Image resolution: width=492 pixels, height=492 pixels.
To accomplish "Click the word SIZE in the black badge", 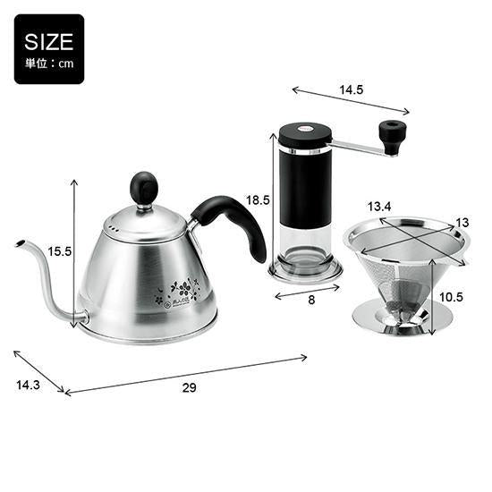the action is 48,42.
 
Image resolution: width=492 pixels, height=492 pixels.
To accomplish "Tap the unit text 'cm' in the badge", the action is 66,64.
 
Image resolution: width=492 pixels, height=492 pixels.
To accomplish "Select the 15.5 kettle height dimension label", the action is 60,251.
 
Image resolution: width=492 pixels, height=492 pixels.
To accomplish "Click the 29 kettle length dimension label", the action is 190,388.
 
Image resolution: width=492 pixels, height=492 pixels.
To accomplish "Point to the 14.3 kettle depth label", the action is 29,385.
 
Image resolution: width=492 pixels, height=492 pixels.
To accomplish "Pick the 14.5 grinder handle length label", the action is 352,89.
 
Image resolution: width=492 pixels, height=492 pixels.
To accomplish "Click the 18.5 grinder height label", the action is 258,199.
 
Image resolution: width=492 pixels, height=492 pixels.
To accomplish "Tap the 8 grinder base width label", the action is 311,300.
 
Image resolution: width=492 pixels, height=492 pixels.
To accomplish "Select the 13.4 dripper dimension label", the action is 379,207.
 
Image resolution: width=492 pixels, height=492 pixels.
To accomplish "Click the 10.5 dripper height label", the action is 451,297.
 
